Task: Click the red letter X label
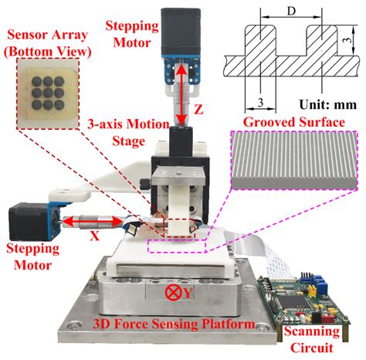pyautogui.click(x=94, y=237)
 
